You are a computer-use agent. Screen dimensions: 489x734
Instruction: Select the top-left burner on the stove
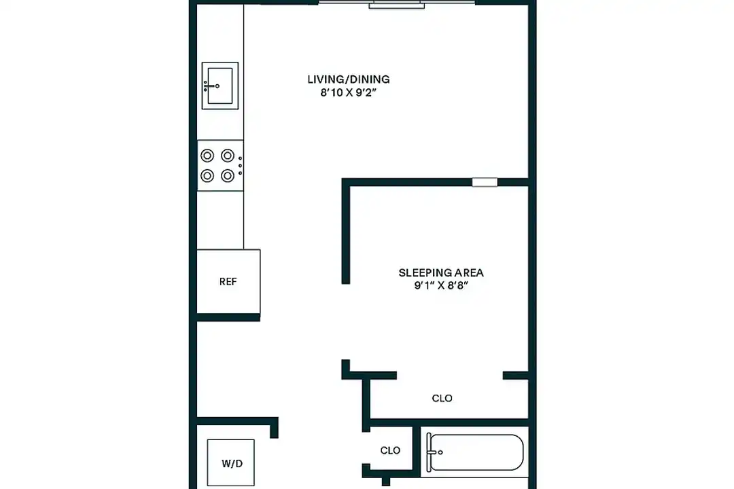coord(207,155)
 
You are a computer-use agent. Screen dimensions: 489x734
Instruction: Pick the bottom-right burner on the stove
coord(228,176)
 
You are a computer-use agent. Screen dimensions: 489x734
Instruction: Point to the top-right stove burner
coord(228,155)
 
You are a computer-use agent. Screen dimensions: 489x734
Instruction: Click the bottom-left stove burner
coord(207,176)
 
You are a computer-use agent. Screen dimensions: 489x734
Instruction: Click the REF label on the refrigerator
coord(228,282)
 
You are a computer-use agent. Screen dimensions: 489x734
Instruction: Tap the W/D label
coord(230,465)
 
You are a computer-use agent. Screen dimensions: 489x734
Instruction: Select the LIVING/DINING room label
coord(349,79)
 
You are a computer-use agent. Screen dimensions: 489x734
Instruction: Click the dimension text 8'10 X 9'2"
coord(349,94)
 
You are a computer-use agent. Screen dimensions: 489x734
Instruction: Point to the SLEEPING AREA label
coord(441,273)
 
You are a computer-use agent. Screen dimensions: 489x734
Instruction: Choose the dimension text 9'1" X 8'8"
coord(441,287)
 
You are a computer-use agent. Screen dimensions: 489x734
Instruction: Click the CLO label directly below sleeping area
coord(442,398)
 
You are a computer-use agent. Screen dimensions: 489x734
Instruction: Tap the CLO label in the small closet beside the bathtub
coord(390,450)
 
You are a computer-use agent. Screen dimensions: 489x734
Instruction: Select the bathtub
coord(476,452)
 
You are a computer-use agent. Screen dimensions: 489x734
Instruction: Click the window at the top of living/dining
coord(397,4)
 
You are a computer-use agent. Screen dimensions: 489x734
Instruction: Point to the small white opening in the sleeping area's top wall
coord(485,182)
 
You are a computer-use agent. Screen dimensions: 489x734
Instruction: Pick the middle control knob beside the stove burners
coord(240,165)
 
